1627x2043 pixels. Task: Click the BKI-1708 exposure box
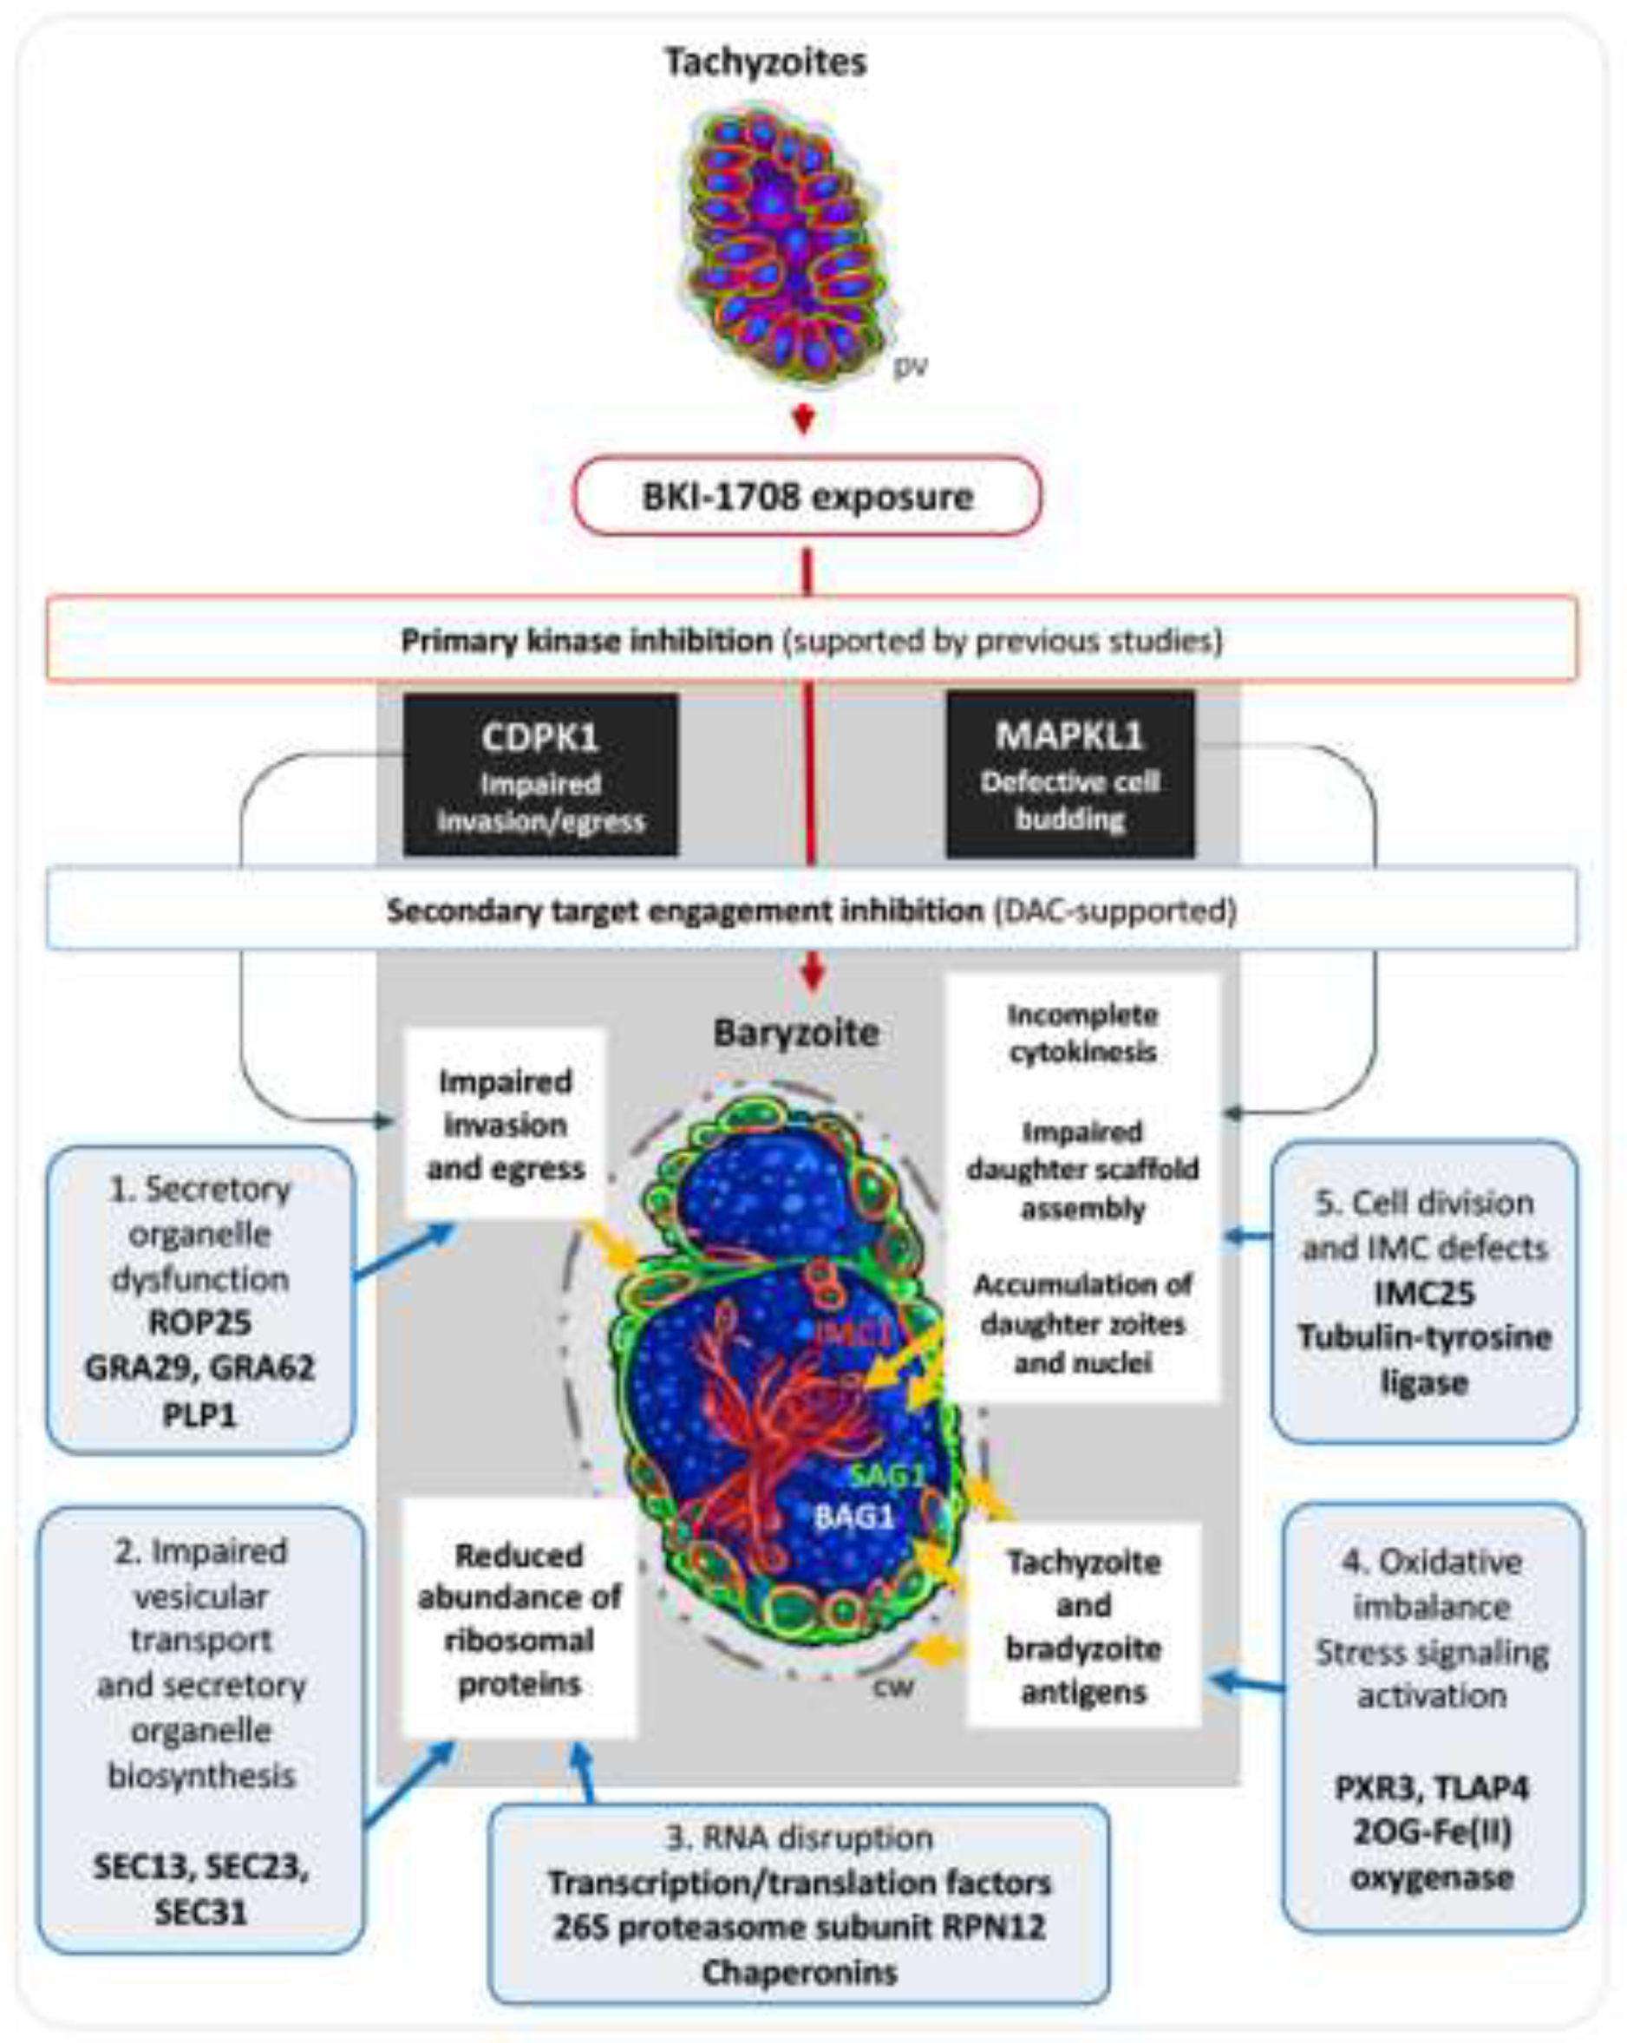click(x=807, y=497)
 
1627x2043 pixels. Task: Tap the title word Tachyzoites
click(x=765, y=62)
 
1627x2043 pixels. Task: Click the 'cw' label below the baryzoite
click(x=892, y=1687)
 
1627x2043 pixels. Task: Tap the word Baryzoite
click(x=796, y=1033)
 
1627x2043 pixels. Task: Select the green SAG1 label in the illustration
click(x=887, y=1475)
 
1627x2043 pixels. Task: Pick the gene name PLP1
click(x=199, y=1414)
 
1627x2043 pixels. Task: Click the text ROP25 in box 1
click(x=199, y=1322)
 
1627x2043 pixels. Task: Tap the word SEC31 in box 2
click(x=200, y=1911)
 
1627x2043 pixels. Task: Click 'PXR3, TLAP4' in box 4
click(x=1431, y=1788)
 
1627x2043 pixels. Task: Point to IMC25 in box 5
click(x=1424, y=1294)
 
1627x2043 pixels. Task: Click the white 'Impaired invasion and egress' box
click(x=505, y=1125)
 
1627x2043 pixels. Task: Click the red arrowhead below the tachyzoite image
click(x=804, y=420)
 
